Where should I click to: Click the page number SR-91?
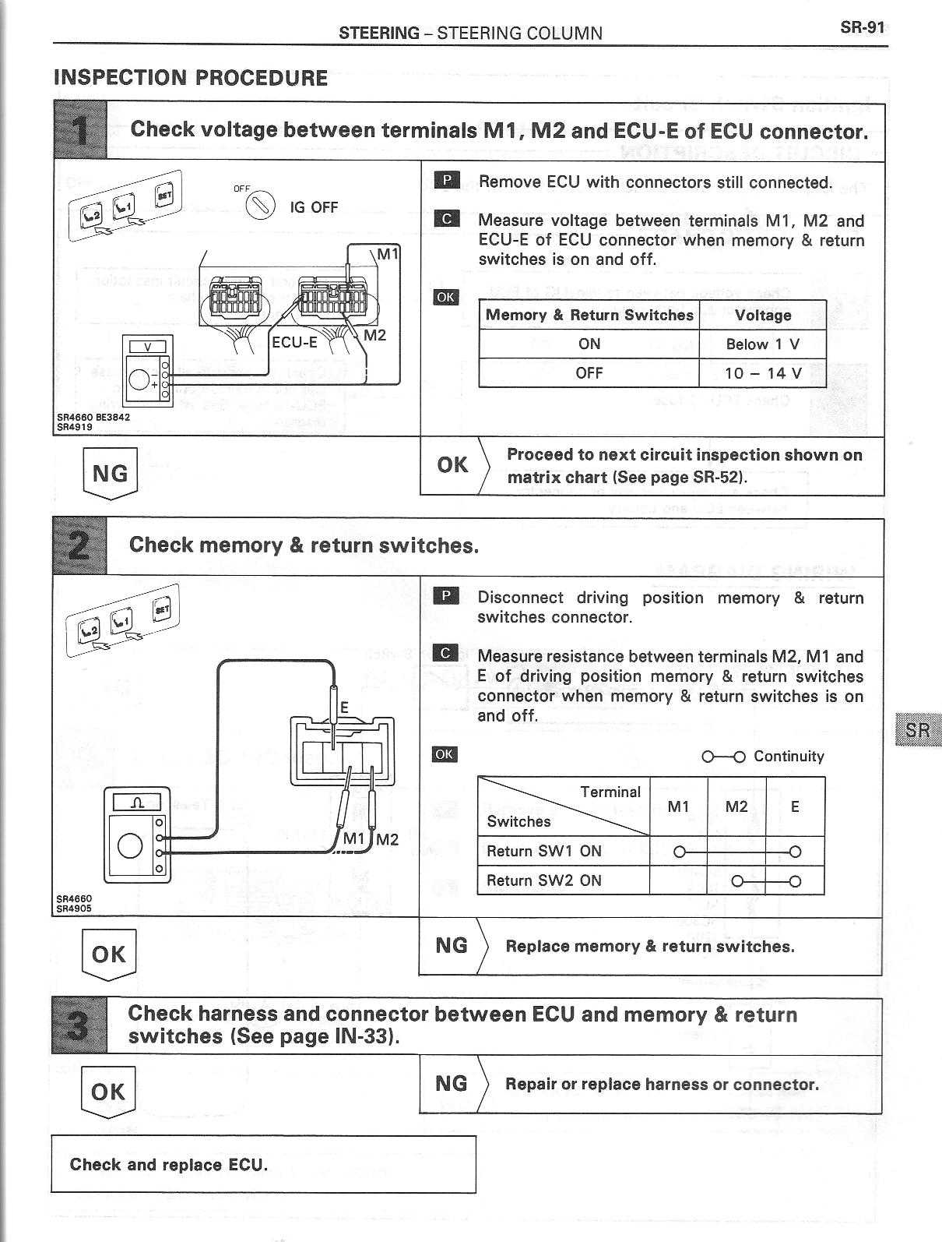[862, 28]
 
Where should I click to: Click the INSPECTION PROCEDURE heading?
[191, 78]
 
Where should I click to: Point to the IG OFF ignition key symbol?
[260, 206]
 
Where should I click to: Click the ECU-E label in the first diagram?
[294, 341]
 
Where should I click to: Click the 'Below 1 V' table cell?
[762, 344]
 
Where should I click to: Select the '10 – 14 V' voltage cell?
[762, 372]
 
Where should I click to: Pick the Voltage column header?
[762, 316]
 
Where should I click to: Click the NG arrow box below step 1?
[110, 473]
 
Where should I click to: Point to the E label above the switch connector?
[344, 708]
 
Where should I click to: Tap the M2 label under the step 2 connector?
[387, 839]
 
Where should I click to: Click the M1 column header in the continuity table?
[678, 806]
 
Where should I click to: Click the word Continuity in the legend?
[788, 756]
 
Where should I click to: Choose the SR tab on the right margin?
[918, 731]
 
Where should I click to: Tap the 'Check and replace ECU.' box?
[263, 1165]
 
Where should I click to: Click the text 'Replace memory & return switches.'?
[650, 947]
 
